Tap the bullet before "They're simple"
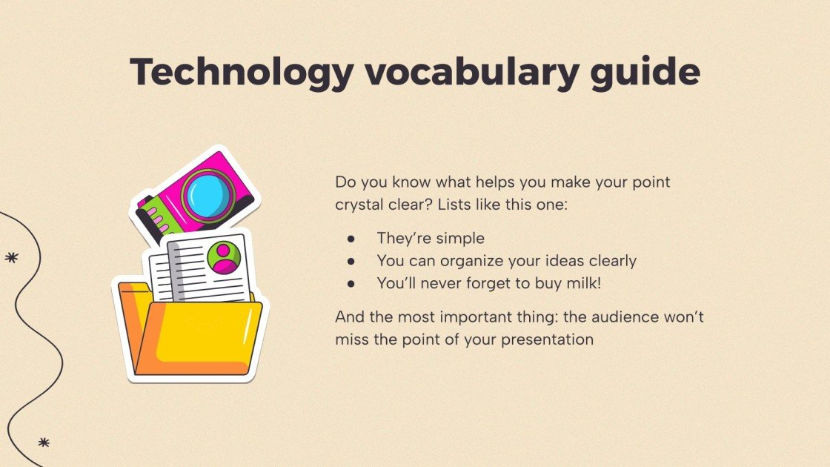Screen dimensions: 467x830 coord(351,239)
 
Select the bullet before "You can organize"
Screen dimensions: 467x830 coord(351,261)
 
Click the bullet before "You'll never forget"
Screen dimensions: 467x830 coord(351,283)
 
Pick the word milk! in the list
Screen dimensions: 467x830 coord(582,283)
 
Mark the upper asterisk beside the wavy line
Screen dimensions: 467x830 coord(11,258)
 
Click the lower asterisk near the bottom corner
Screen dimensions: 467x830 coord(44,443)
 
